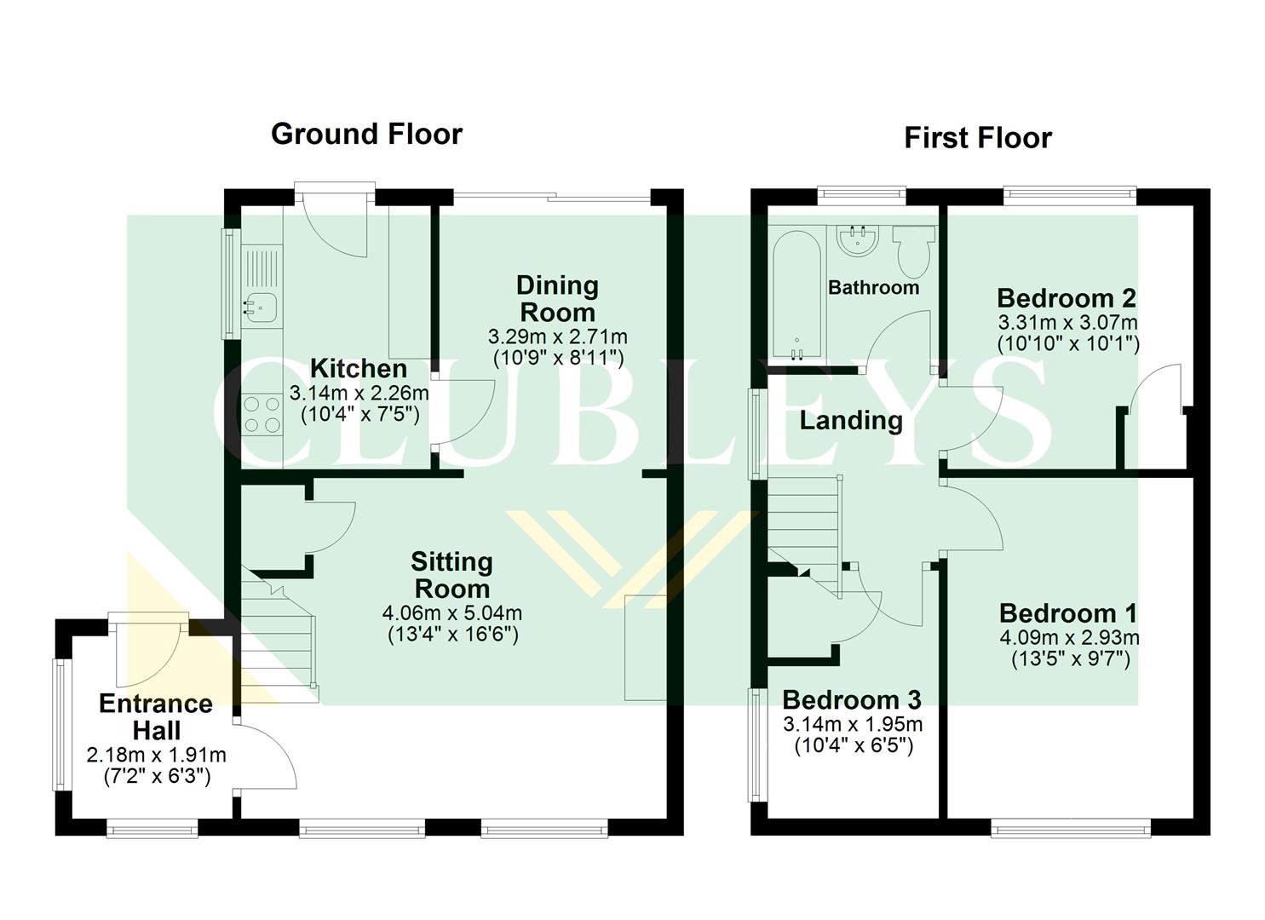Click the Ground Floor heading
coord(366,134)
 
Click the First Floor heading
coord(977,138)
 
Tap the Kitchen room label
coord(358,369)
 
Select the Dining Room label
coord(557,298)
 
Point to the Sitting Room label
coord(451,575)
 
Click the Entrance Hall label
coord(156,717)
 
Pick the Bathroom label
coord(873,288)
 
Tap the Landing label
coord(850,421)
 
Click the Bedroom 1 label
coord(1068,613)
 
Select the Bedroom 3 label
coord(851,700)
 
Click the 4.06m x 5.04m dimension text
coord(452,613)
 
